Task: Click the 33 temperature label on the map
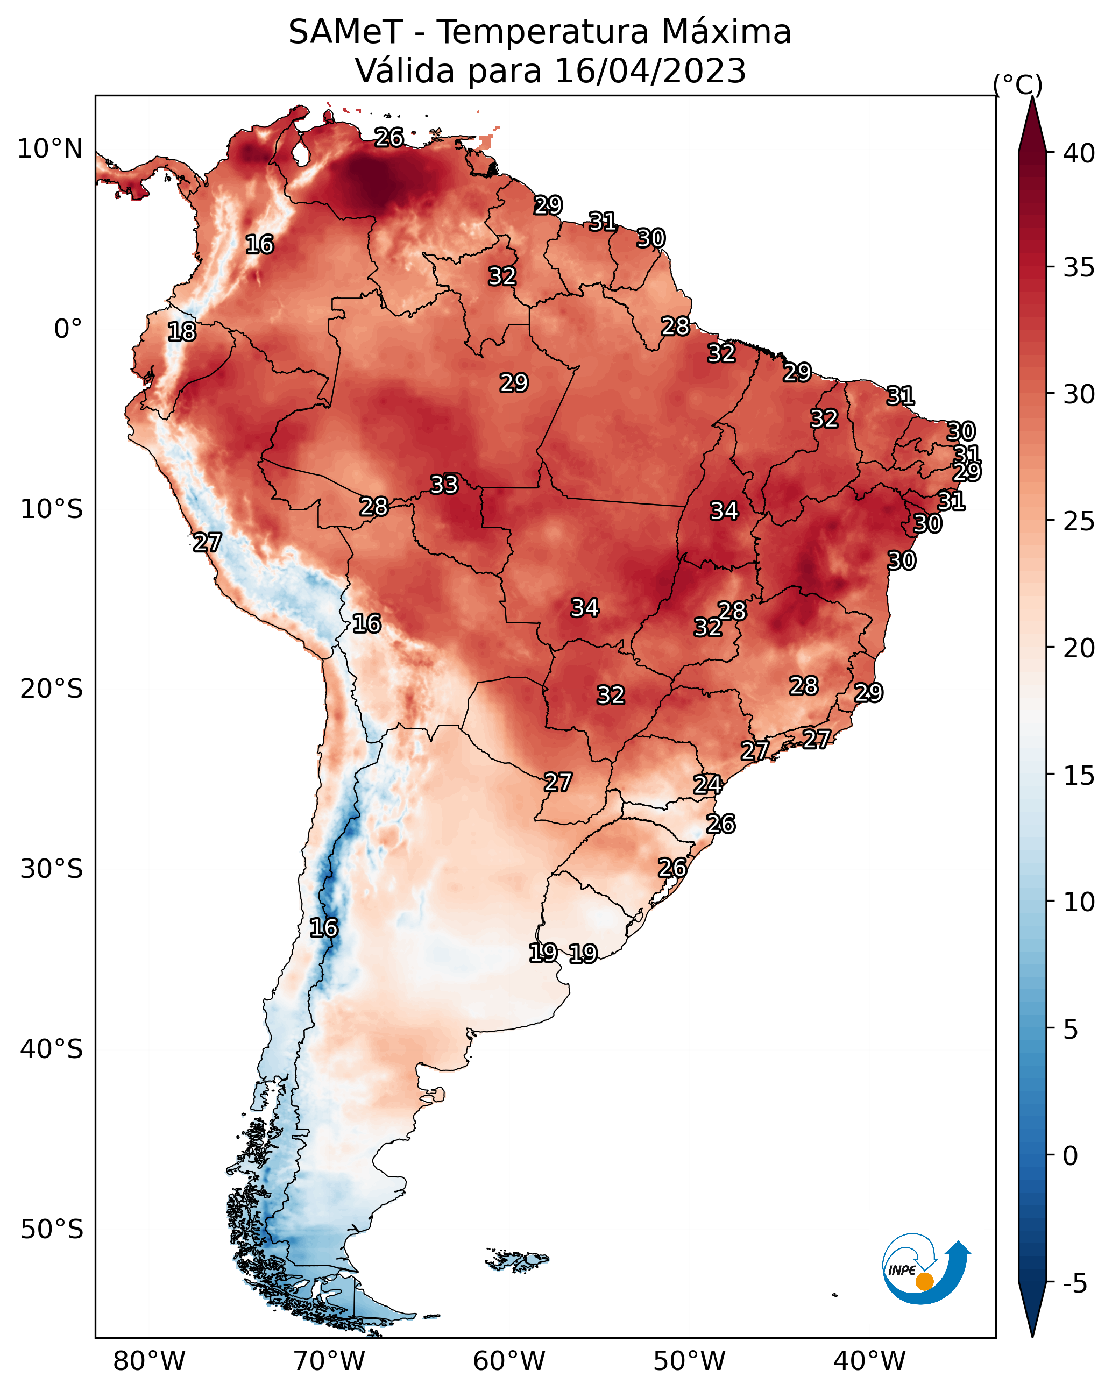(x=444, y=485)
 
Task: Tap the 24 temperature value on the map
(x=707, y=785)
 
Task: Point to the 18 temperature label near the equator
(x=182, y=332)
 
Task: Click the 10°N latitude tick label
(x=49, y=149)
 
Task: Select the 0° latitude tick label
(x=68, y=329)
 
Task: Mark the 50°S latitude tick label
(x=51, y=1230)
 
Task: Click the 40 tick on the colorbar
(x=1079, y=153)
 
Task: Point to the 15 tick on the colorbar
(x=1079, y=776)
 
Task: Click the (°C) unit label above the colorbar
(x=1018, y=84)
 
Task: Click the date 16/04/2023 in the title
(x=650, y=71)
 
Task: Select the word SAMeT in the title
(x=345, y=32)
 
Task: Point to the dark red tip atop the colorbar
(x=1032, y=123)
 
